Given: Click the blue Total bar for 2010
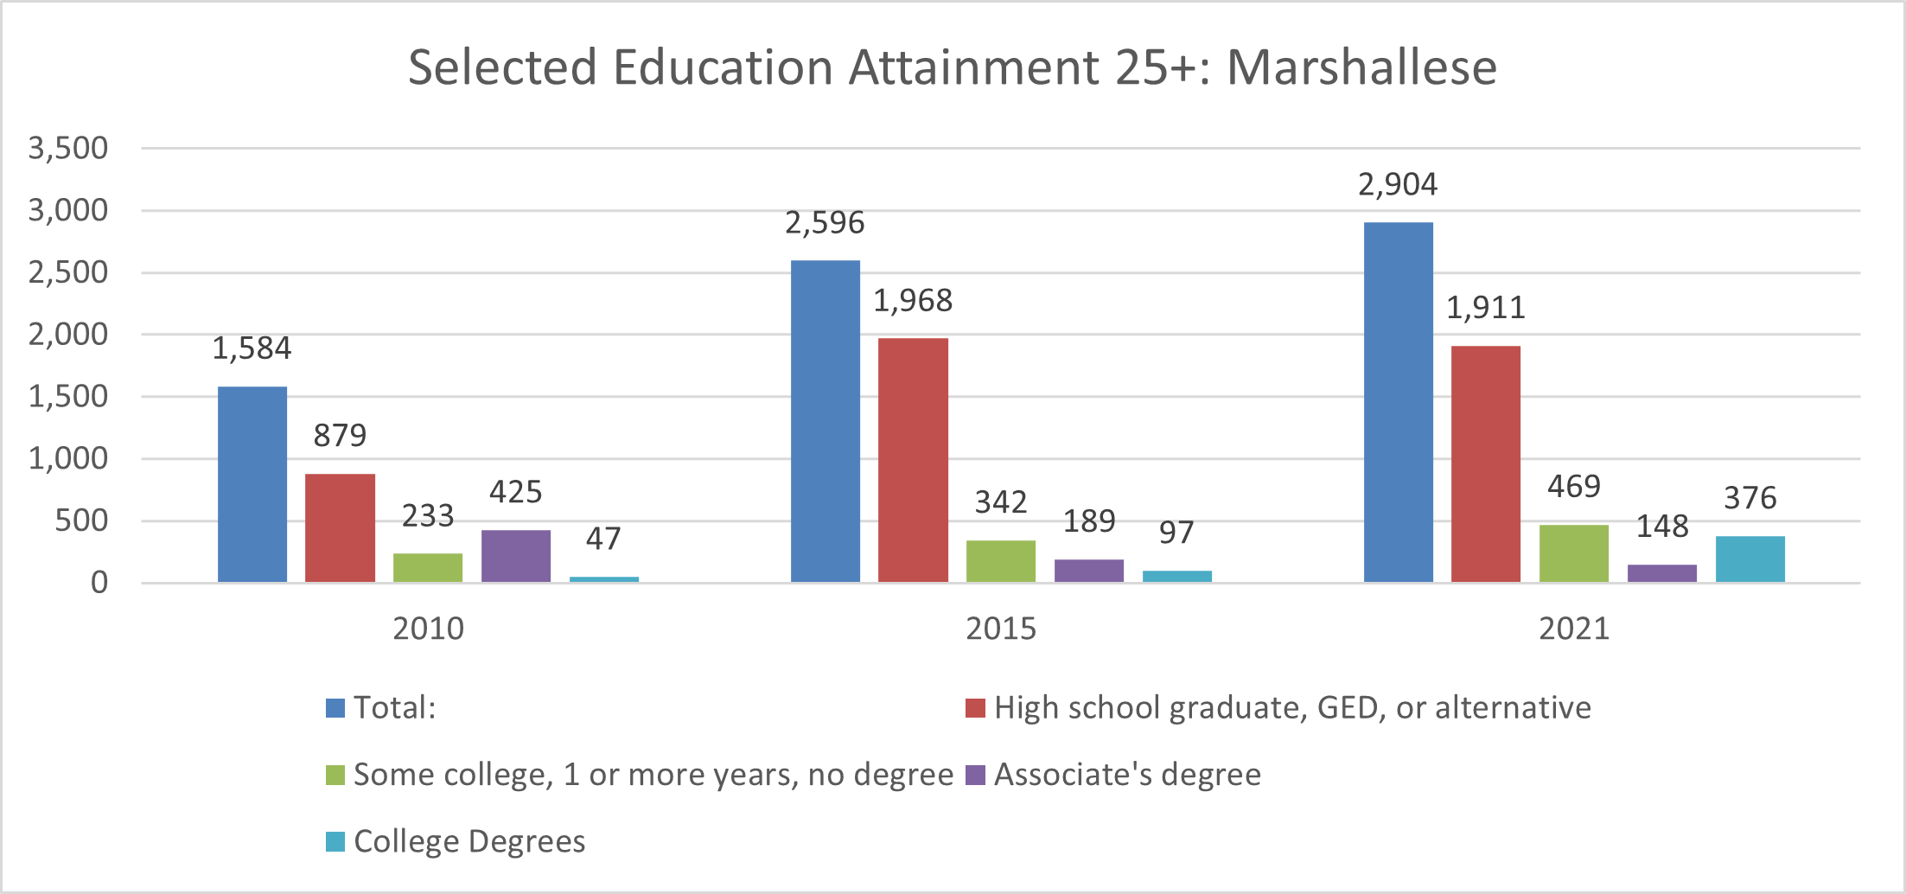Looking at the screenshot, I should (x=252, y=484).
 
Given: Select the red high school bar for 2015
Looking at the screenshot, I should (x=913, y=460).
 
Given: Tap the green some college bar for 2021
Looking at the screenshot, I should (x=1573, y=553).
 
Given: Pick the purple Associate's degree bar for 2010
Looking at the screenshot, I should (x=516, y=556).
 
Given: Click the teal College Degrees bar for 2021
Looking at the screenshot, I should (x=1750, y=559).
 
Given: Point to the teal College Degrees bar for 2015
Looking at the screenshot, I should (x=1176, y=576).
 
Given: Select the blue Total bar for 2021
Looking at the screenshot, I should (x=1398, y=402).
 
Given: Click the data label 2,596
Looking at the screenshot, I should (x=825, y=223).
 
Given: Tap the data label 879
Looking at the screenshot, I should (x=340, y=435).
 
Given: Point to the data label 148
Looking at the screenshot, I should (x=1661, y=526).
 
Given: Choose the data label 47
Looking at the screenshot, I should (x=603, y=539).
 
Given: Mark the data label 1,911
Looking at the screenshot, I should (x=1485, y=307).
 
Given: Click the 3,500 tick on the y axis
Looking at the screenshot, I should (x=68, y=148).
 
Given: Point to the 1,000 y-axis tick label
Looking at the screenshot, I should (x=68, y=458).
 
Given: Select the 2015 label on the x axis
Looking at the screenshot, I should (x=1001, y=628).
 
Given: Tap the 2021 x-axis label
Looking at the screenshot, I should (x=1574, y=628).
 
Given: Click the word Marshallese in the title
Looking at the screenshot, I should (x=1361, y=67).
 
